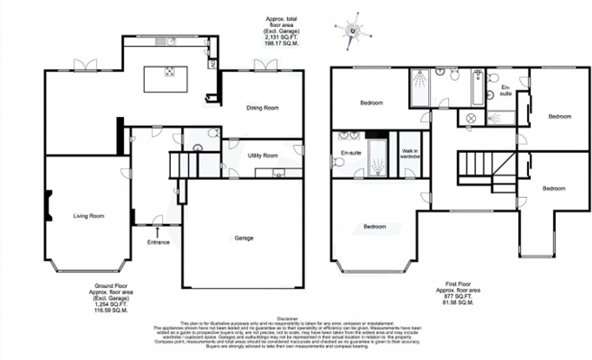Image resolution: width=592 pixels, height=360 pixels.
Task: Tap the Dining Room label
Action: click(264, 108)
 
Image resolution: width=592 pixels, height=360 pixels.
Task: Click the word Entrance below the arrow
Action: click(158, 241)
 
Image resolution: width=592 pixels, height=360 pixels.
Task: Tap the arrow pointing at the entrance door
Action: click(158, 232)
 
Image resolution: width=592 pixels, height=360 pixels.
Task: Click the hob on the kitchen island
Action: click(168, 75)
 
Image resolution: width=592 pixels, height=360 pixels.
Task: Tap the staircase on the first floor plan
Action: click(474, 169)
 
